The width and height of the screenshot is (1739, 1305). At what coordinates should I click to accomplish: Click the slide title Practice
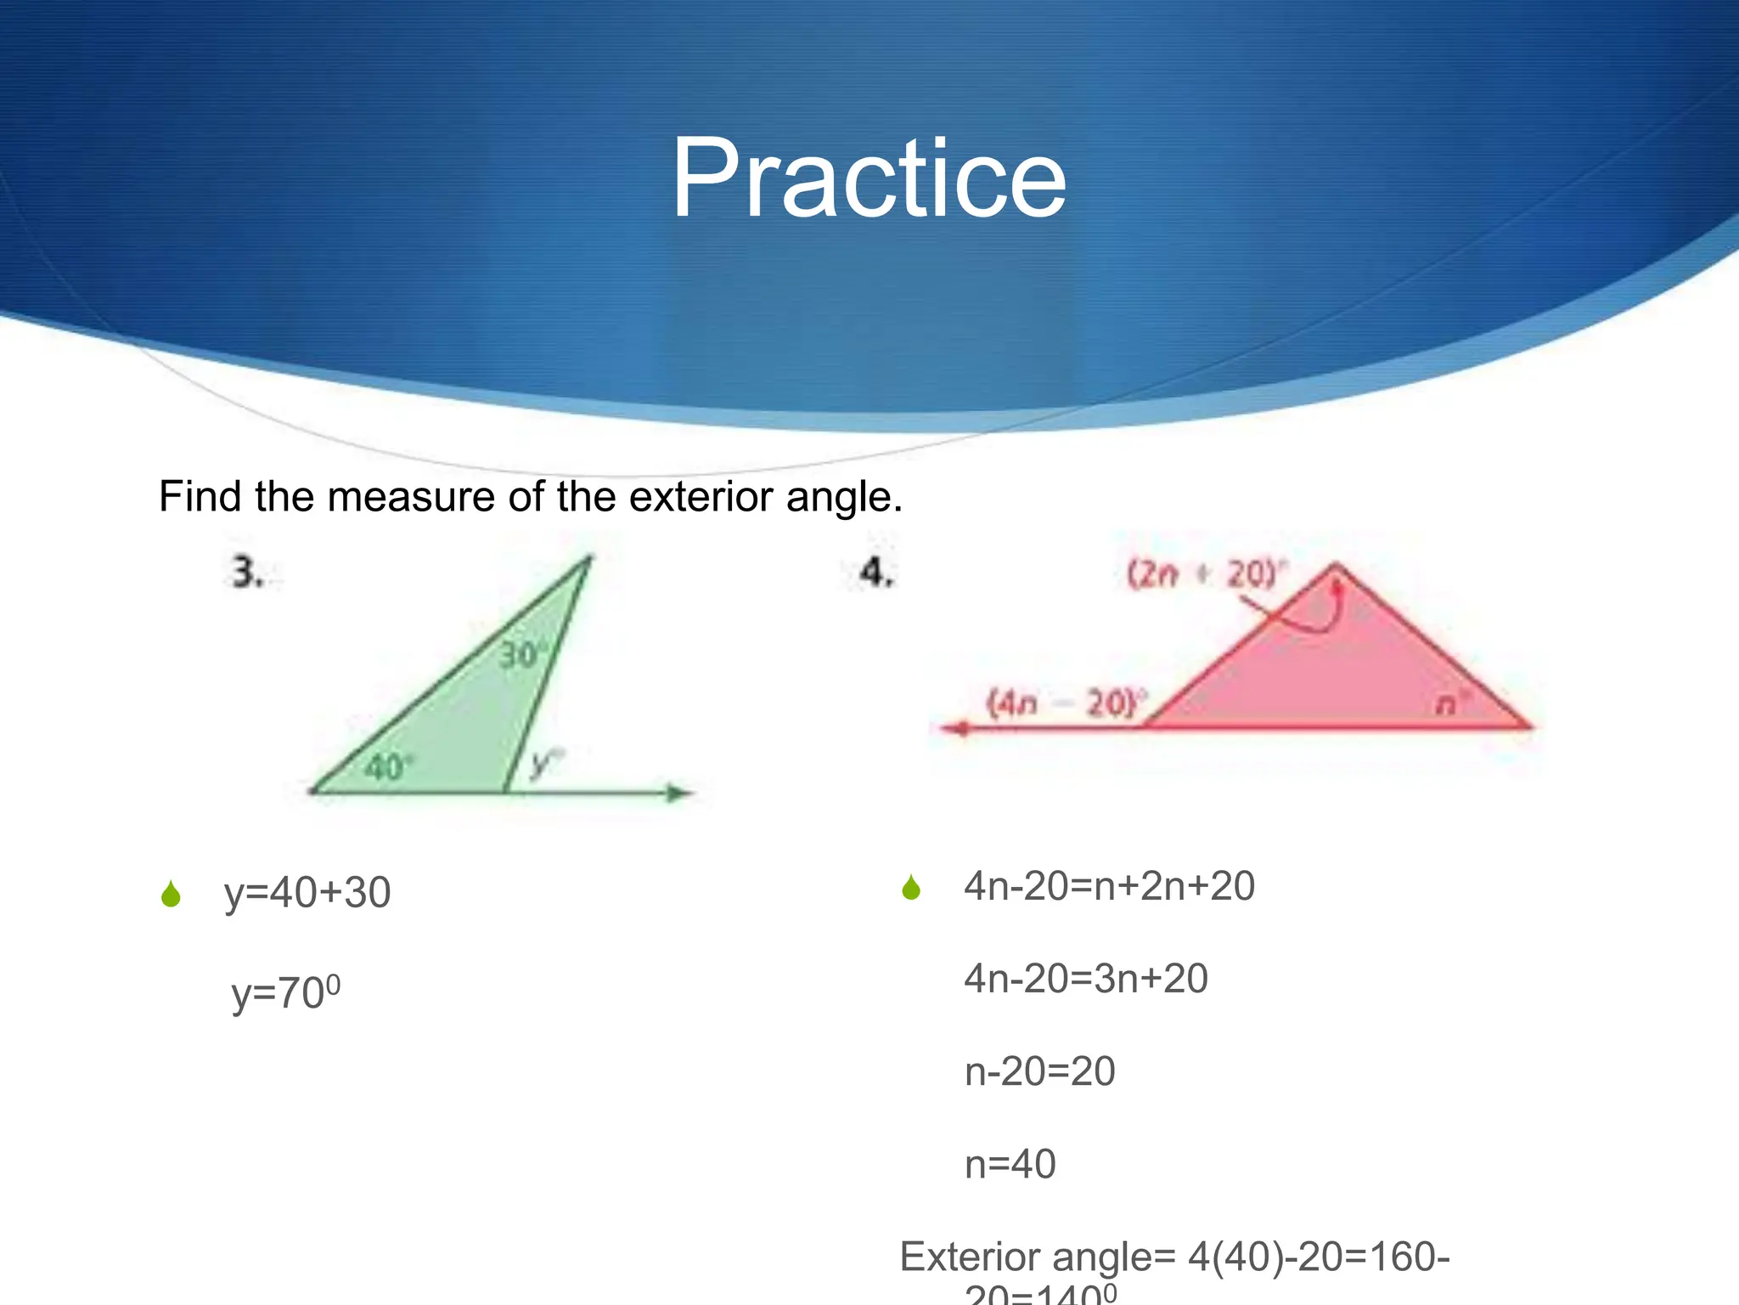[x=868, y=180]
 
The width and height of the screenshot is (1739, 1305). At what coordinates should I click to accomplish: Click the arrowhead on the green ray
[x=679, y=794]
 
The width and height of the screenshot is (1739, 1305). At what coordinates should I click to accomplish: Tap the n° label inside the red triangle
[x=1450, y=703]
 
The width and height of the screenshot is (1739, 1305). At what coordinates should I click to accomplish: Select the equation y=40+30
[x=307, y=893]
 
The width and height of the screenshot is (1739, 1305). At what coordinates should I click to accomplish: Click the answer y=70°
[x=286, y=992]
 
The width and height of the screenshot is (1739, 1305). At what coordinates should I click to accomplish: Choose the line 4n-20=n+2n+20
[x=1109, y=886]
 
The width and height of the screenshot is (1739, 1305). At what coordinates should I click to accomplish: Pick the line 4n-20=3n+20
[x=1086, y=979]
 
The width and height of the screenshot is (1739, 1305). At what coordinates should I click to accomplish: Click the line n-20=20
[x=1039, y=1071]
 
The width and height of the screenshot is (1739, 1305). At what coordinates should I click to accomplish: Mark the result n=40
[x=1010, y=1164]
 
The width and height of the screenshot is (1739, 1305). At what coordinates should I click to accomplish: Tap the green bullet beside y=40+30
[x=171, y=894]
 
